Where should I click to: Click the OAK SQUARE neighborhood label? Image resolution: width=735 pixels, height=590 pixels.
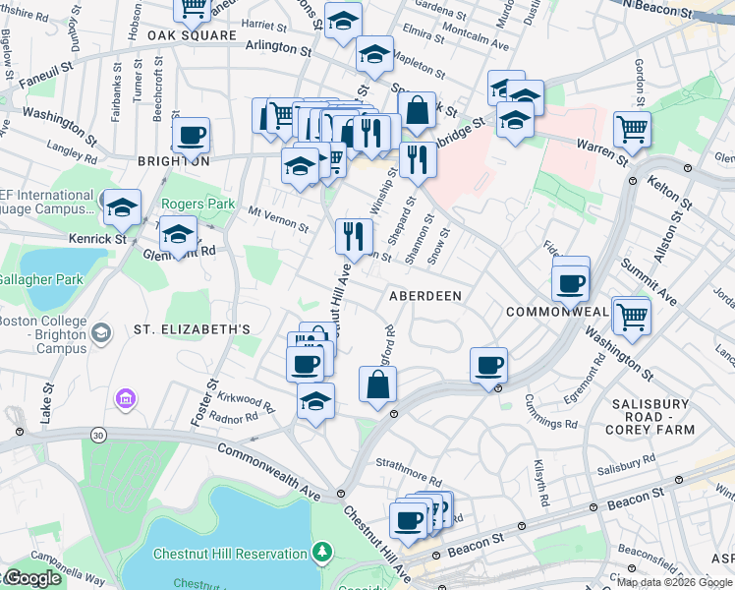[x=193, y=35]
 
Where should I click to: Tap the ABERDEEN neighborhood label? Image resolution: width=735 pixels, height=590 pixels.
[x=425, y=295]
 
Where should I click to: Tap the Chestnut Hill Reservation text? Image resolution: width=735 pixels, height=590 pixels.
[x=230, y=554]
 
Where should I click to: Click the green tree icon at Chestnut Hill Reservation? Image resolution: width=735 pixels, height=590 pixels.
[x=321, y=553]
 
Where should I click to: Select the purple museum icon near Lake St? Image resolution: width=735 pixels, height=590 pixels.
[x=125, y=399]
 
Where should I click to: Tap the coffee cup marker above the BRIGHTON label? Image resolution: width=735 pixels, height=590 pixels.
[x=191, y=135]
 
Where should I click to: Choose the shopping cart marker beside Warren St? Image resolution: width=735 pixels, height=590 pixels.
[x=632, y=129]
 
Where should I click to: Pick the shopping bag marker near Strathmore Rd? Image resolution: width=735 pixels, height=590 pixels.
[x=377, y=384]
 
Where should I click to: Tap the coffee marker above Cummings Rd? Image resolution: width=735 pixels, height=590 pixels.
[x=488, y=365]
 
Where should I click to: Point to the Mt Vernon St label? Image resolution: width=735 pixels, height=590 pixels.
[x=278, y=218]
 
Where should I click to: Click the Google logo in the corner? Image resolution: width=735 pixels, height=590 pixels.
[x=31, y=578]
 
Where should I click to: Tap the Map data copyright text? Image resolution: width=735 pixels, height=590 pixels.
[x=674, y=582]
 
